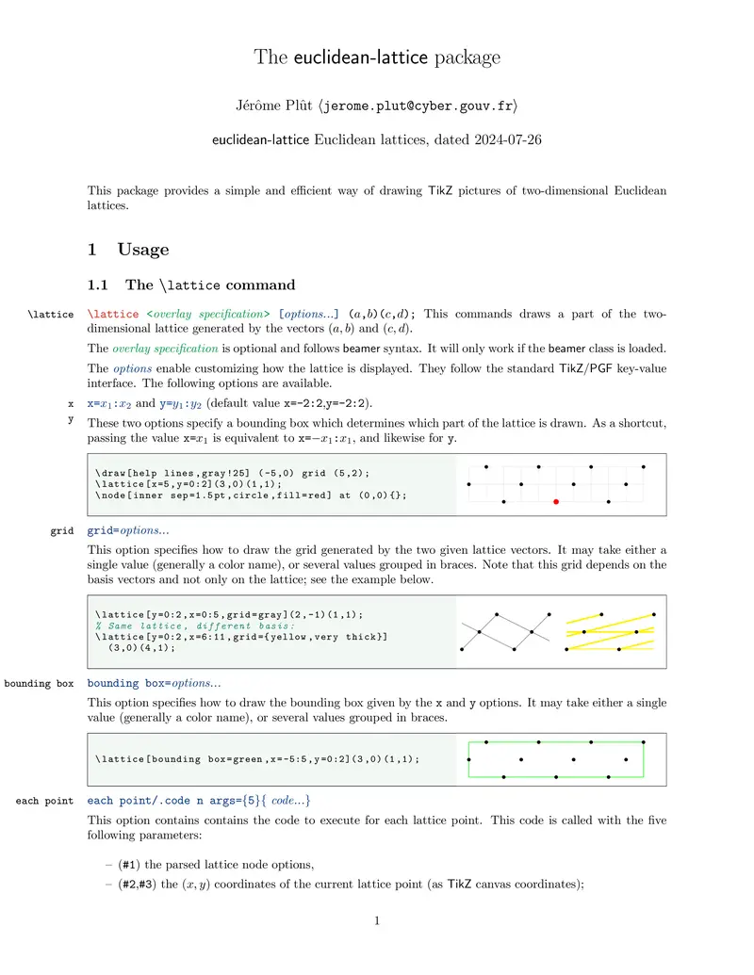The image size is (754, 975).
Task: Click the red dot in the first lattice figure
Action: point(556,502)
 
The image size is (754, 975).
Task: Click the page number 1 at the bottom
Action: point(377,920)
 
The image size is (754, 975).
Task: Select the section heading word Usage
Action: point(143,250)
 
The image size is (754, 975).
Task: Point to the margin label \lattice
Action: point(52,315)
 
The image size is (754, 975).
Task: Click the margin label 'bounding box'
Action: point(39,683)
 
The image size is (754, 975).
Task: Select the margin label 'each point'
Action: point(44,801)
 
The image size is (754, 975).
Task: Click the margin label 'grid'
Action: point(62,531)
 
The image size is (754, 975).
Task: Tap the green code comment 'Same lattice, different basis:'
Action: point(195,626)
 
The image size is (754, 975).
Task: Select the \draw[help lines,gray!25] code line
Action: point(233,473)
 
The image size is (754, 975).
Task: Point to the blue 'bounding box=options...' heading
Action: point(154,683)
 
